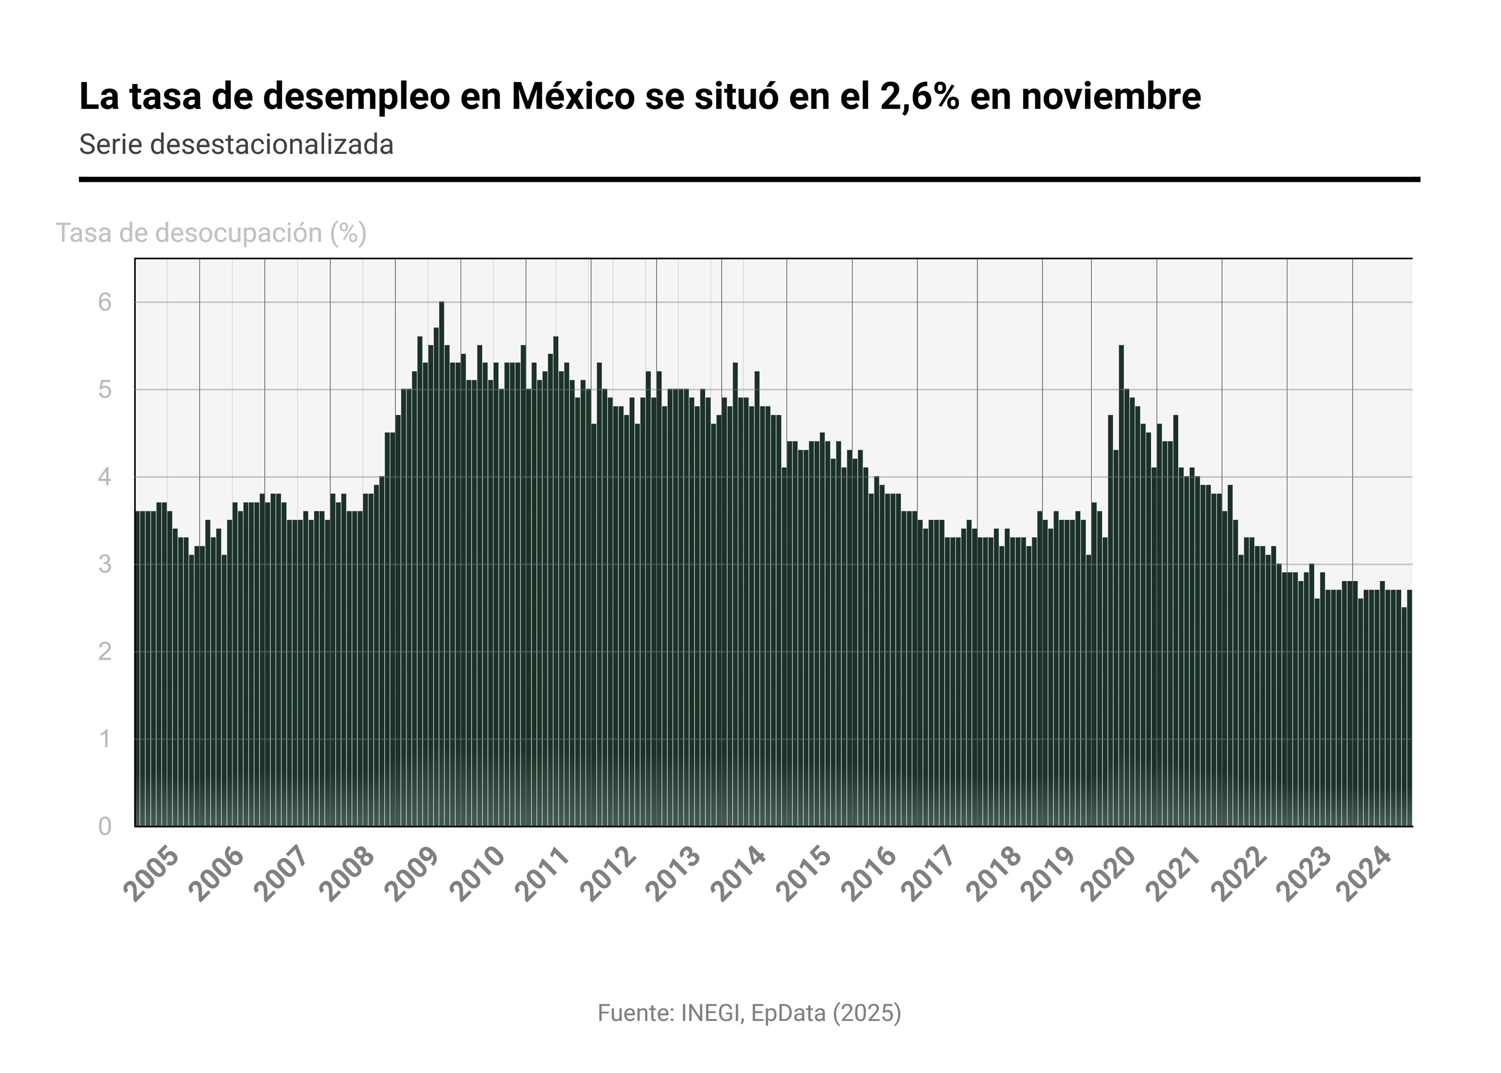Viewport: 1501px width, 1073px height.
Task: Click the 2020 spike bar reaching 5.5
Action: pos(1121,581)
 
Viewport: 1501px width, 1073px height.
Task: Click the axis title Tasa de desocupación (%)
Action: pos(211,233)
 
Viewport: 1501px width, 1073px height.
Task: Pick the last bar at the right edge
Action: pos(1409,707)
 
